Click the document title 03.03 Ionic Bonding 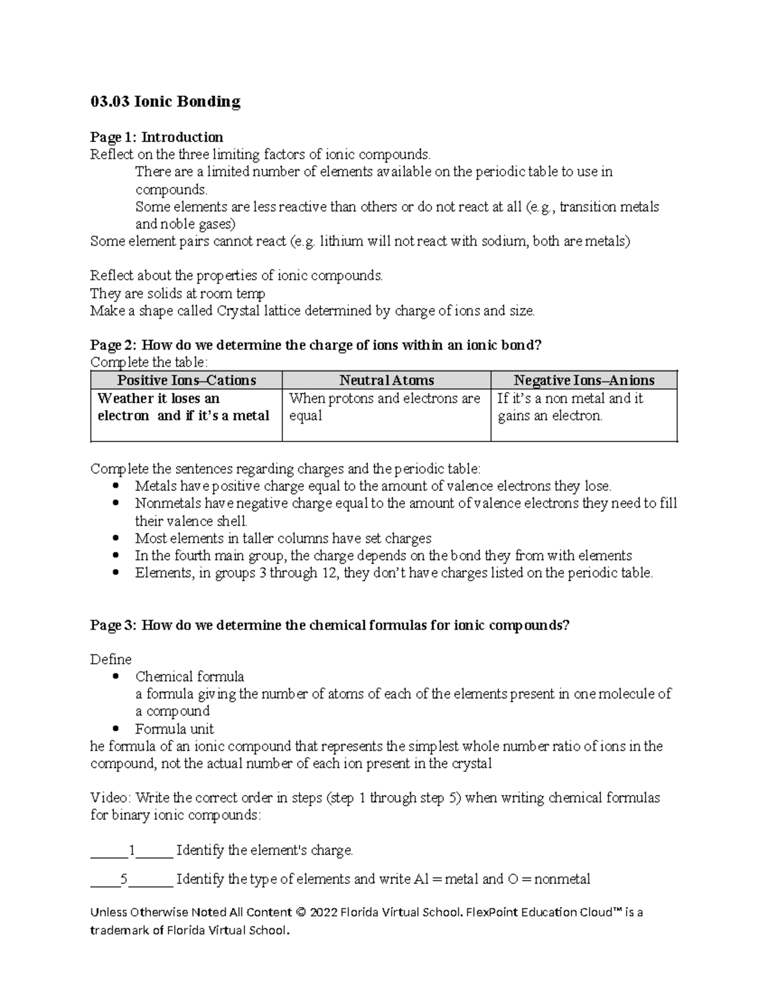click(165, 102)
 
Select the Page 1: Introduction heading click(156, 137)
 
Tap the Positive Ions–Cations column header click(186, 380)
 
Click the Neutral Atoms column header click(387, 380)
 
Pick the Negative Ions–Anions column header click(584, 380)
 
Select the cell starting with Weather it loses click(183, 407)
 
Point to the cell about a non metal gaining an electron click(570, 407)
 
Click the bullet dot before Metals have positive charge click(115, 486)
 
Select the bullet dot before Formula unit click(115, 729)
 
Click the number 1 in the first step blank click(132, 851)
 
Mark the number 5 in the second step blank click(124, 879)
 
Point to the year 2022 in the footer click(314, 912)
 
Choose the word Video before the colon click(110, 798)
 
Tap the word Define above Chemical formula click(111, 659)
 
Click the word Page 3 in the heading click(113, 625)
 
